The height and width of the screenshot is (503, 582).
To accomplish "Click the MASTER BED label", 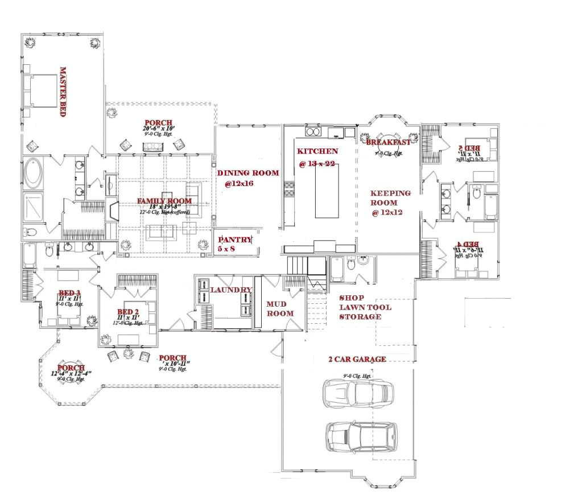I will pos(63,92).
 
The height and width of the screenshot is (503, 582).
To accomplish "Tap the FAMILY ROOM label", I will pos(164,201).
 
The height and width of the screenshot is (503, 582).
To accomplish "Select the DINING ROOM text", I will pos(249,173).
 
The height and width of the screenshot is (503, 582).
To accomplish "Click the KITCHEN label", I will pos(317,151).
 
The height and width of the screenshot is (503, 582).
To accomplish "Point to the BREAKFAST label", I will pos(388,142).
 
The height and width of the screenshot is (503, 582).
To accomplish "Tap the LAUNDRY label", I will pos(231,290).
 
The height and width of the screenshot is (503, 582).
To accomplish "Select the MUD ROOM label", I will pos(280,308).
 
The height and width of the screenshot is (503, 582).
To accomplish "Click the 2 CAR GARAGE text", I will pos(357,359).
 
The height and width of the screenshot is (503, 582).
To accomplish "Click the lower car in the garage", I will pos(360,436).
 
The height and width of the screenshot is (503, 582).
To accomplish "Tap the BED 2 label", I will pos(128,312).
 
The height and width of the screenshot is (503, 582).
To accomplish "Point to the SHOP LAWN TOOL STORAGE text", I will pos(365,307).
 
